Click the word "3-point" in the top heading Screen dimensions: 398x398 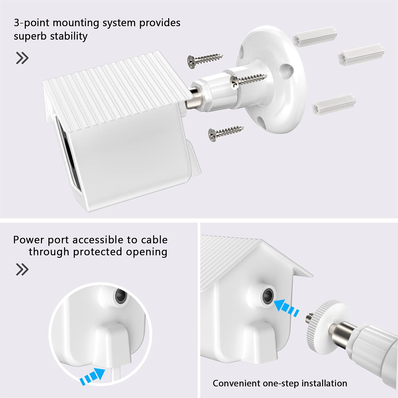32,23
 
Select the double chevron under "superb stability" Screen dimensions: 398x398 22,58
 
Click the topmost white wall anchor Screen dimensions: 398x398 314,36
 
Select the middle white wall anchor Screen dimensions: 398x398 361,54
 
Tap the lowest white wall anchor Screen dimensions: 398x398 334,105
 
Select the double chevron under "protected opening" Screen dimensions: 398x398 22,269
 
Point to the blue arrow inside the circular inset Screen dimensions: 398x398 93,376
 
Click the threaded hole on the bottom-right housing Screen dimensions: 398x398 268,296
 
